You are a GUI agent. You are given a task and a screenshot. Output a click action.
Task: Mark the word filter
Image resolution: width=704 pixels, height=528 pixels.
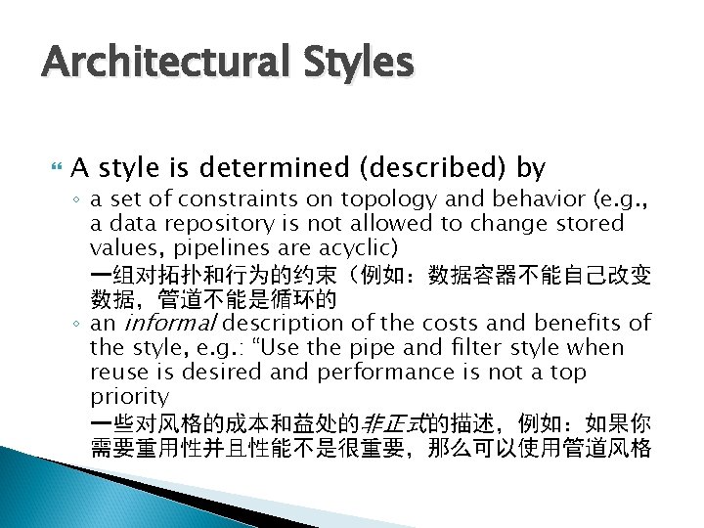point(493,347)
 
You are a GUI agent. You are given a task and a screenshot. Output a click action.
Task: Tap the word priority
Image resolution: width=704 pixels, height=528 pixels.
point(129,396)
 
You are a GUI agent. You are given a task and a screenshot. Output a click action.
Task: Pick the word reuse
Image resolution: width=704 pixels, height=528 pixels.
point(115,372)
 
